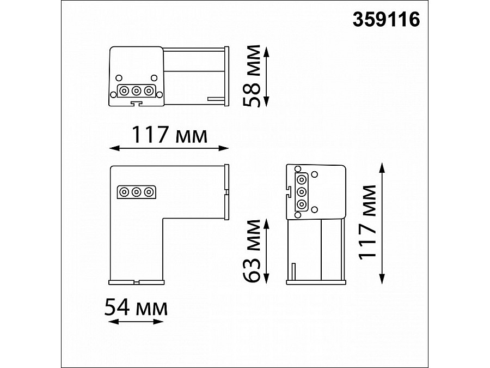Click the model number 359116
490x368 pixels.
coord(386,20)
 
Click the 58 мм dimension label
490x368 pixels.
coord(252,76)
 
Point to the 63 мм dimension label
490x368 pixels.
coord(252,251)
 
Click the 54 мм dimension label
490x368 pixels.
coord(136,307)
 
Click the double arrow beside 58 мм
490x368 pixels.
coord(266,76)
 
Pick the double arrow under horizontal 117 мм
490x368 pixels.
coord(169,148)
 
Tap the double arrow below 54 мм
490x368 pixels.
coord(136,321)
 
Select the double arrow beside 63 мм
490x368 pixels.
coord(266,251)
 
